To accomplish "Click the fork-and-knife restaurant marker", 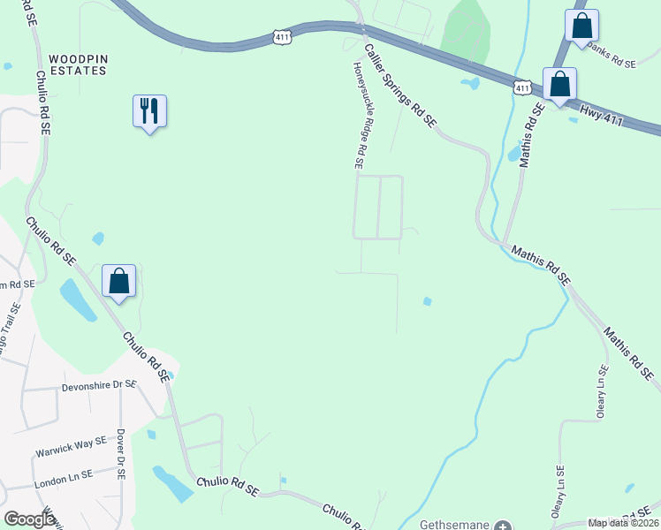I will click(x=149, y=111).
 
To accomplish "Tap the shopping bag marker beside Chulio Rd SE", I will click(x=119, y=282).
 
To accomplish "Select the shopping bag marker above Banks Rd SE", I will click(x=581, y=26).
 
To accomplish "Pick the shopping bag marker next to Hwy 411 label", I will click(x=559, y=85).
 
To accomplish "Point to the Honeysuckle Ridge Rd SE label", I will click(x=360, y=116).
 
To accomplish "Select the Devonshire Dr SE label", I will click(x=99, y=386).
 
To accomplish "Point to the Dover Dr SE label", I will click(x=121, y=455).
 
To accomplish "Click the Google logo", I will click(x=29, y=519).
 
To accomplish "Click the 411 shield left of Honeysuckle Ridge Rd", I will click(x=281, y=38).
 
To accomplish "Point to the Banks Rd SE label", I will click(x=611, y=64).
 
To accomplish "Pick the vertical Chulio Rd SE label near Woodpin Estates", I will click(x=40, y=96).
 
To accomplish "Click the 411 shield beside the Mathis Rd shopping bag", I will click(x=521, y=87).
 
